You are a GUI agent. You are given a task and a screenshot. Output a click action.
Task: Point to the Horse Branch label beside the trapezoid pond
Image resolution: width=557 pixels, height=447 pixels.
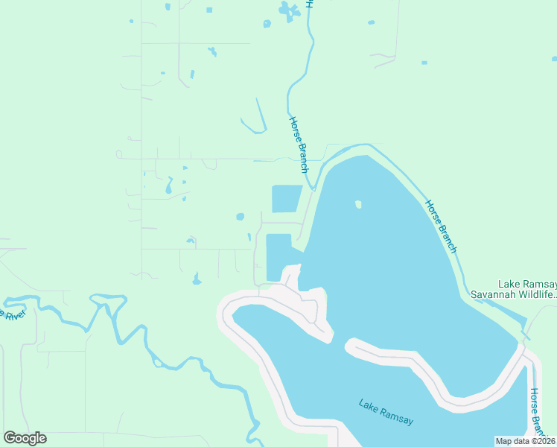click(x=299, y=145)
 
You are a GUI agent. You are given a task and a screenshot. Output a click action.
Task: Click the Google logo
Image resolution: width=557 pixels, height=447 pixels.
click(x=25, y=438)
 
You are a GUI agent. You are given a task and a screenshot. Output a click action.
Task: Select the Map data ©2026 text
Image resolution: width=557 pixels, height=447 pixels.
click(x=525, y=440)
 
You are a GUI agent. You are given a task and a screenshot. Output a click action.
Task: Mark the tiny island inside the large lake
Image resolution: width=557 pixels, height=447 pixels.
click(x=358, y=204)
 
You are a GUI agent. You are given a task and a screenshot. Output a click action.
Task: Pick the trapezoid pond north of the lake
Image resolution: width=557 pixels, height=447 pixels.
click(x=287, y=199)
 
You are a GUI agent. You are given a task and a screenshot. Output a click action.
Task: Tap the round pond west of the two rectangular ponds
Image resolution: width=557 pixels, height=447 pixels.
click(x=240, y=217)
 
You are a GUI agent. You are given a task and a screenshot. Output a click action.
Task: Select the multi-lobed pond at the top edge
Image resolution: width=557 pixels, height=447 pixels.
click(x=287, y=10)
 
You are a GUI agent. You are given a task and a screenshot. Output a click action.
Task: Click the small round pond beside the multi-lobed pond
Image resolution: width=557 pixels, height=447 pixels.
click(x=267, y=24)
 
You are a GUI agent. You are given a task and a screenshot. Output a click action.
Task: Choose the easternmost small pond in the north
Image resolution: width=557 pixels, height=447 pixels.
click(x=424, y=63)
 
